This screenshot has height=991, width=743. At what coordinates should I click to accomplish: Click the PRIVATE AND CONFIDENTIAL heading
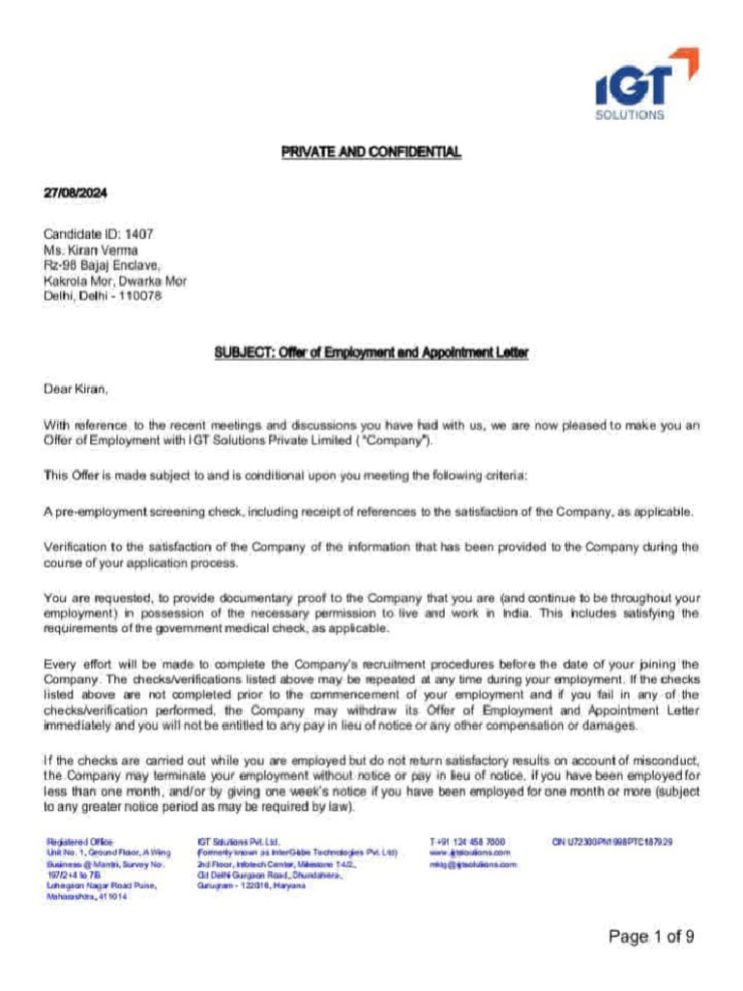click(x=371, y=152)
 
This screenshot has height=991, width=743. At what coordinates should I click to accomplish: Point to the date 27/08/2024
click(x=75, y=194)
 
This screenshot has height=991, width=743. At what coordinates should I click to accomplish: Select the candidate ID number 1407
click(x=138, y=234)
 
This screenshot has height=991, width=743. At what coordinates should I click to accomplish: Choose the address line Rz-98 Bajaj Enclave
click(x=102, y=265)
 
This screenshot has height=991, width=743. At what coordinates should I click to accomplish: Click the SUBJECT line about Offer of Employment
click(x=371, y=353)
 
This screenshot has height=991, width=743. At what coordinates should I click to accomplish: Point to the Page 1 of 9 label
click(x=651, y=936)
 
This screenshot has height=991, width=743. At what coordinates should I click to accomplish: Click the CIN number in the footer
click(x=611, y=842)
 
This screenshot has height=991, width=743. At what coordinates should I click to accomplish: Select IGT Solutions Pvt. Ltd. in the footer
click(x=238, y=842)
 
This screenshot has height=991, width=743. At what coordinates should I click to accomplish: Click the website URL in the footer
click(x=469, y=853)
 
